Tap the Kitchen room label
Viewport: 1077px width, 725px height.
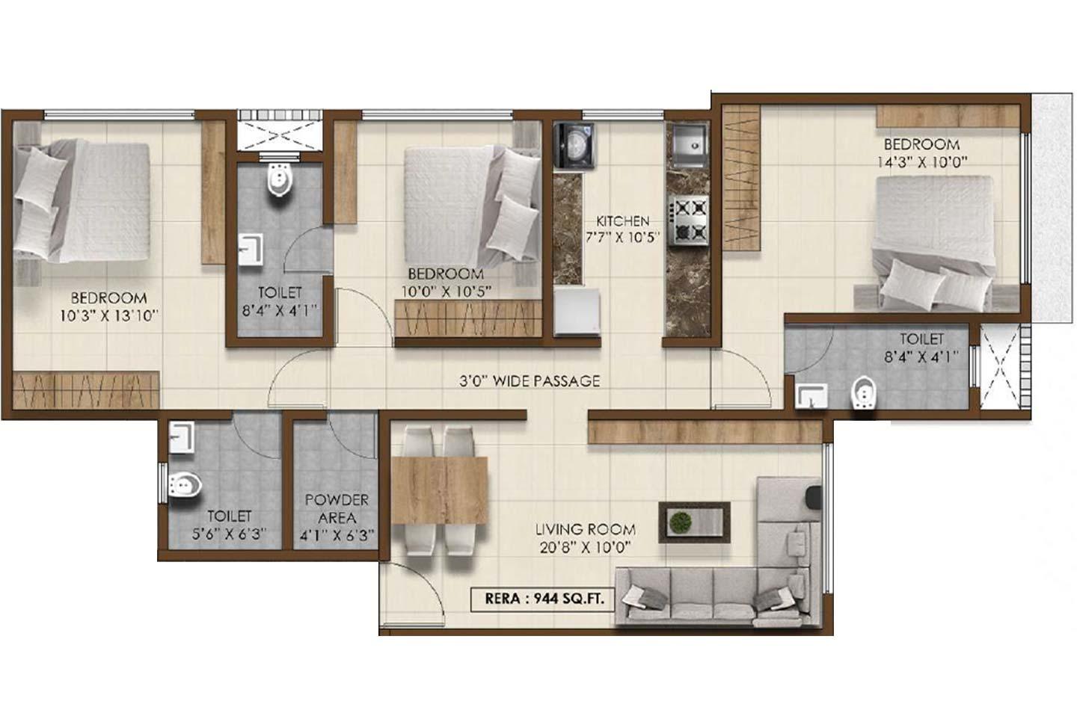click(622, 221)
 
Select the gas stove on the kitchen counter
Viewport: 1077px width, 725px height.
click(687, 220)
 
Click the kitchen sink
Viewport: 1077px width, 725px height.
click(687, 146)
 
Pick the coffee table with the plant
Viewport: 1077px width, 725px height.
click(694, 522)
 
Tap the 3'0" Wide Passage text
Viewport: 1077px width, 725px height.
click(530, 381)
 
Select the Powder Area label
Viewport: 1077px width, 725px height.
click(337, 508)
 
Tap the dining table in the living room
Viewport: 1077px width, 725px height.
click(440, 490)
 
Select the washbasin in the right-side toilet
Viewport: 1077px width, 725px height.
click(808, 395)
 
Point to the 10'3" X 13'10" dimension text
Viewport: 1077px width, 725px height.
click(109, 315)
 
